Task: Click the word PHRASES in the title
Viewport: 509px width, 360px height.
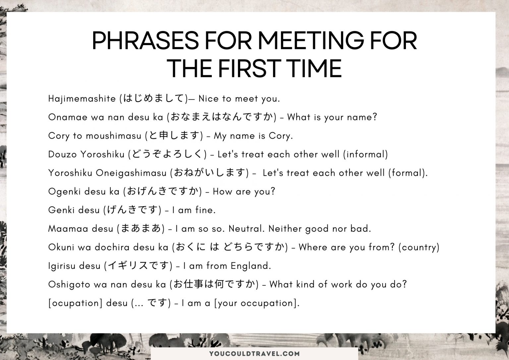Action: (x=145, y=41)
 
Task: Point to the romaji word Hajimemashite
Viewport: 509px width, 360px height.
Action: (x=82, y=99)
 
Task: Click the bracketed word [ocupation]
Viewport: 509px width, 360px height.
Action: (x=75, y=303)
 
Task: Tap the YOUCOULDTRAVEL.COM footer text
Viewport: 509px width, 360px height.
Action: (x=254, y=354)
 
